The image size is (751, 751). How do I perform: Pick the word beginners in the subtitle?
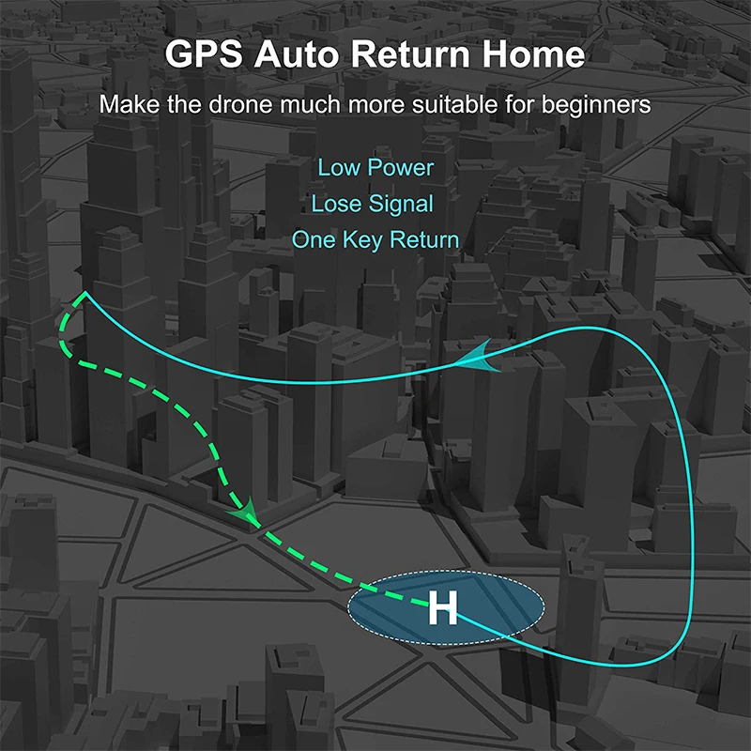595,104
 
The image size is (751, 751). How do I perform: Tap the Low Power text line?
375,168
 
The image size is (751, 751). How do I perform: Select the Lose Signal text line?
373,204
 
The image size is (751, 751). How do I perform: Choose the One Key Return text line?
375,239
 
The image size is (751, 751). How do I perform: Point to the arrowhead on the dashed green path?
247,513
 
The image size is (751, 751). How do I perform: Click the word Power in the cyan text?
400,168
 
